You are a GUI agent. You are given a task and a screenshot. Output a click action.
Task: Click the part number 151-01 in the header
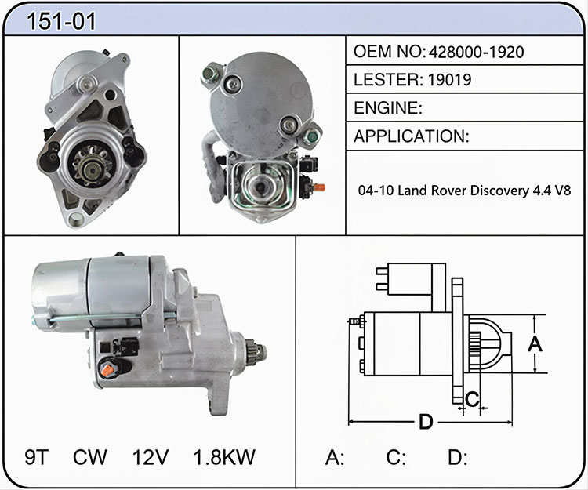click(x=61, y=21)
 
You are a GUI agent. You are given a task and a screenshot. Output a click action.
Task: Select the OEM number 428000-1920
click(x=476, y=52)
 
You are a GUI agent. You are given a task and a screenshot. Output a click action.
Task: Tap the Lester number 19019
click(x=450, y=79)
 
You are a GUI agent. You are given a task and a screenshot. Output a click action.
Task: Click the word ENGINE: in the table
click(x=388, y=108)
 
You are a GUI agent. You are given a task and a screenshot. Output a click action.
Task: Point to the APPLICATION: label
click(x=412, y=136)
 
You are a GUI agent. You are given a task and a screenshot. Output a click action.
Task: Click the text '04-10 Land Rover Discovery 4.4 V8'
click(x=464, y=191)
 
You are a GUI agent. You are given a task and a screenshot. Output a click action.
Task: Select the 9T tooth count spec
click(x=36, y=457)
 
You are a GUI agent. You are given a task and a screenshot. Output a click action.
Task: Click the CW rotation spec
click(x=90, y=457)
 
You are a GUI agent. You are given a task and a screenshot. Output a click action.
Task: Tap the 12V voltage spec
click(x=151, y=457)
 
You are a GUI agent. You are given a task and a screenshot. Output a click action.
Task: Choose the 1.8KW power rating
click(x=224, y=457)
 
